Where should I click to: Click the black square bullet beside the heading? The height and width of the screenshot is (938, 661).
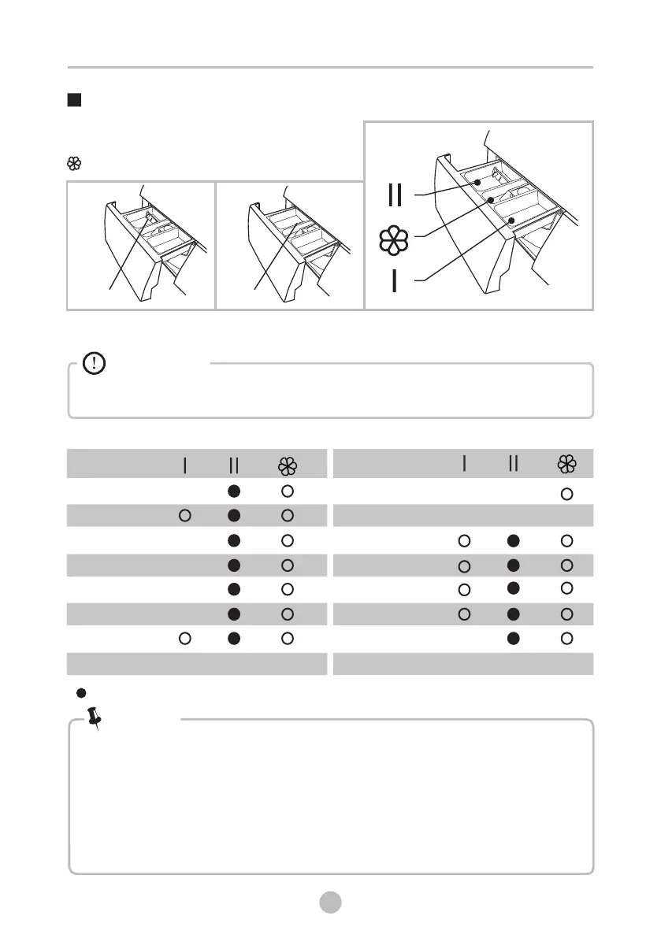74,101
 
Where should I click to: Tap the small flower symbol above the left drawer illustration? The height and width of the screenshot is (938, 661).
74,164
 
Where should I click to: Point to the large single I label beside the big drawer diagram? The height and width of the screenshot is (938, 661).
395,281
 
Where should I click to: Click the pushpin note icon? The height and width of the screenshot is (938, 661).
97,717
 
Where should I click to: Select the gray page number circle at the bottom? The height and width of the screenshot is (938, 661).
330,902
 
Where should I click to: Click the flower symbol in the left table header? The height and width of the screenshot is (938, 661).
287,466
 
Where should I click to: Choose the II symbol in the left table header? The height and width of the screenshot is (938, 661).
234,466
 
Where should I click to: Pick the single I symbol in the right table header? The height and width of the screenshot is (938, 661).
465,465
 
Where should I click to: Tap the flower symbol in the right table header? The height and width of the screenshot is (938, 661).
566,465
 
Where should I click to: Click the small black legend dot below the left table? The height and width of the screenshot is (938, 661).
80,693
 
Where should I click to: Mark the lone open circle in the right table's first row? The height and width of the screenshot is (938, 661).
566,494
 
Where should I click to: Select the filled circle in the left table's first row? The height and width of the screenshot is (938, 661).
234,491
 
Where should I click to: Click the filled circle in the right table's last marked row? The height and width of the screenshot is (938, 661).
514,638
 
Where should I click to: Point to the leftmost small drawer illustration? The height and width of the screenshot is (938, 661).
141,245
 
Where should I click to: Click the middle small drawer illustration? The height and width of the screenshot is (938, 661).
289,245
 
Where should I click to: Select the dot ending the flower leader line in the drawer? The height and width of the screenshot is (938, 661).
492,200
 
